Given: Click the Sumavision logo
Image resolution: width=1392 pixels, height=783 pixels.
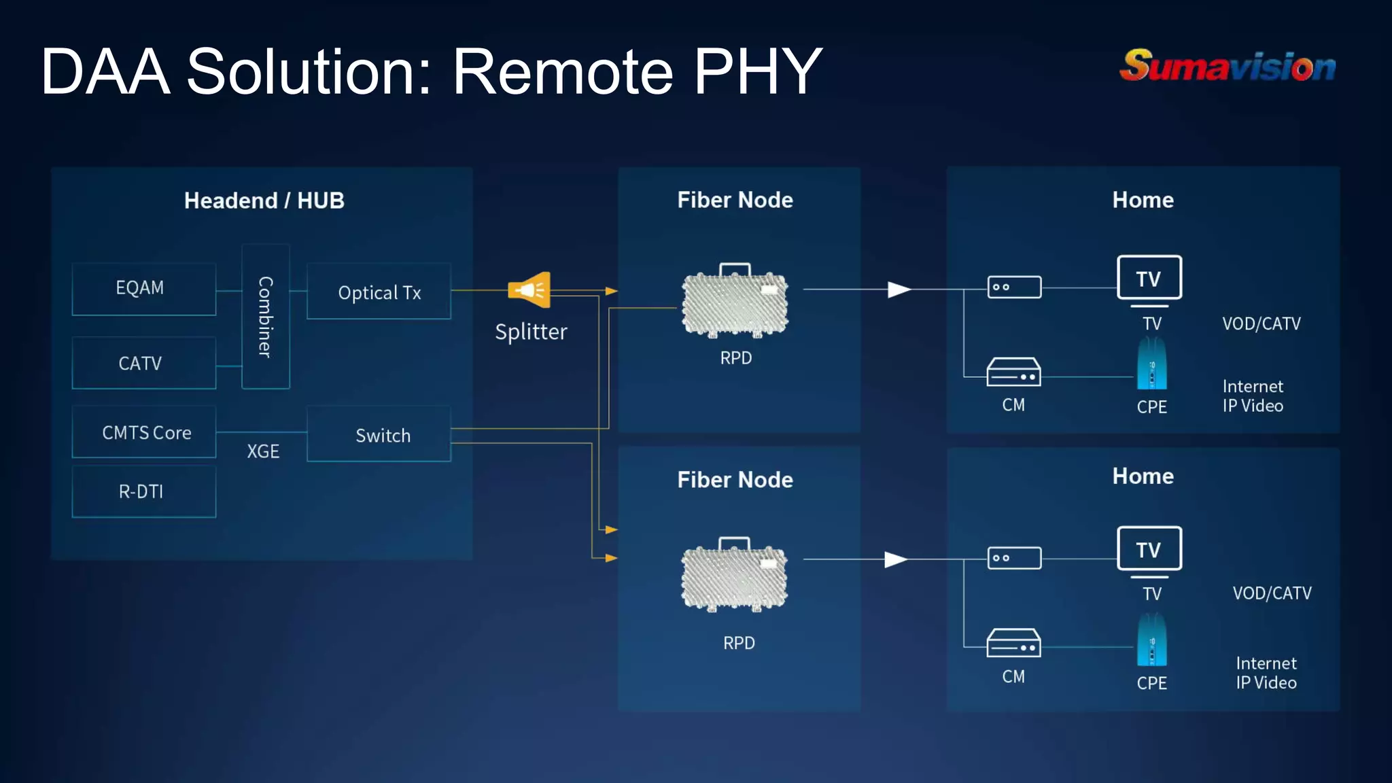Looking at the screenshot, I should (x=1228, y=66).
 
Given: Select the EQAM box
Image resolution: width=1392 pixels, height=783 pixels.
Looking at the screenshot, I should (x=143, y=288).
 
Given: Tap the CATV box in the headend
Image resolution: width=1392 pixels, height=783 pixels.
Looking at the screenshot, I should (x=143, y=363).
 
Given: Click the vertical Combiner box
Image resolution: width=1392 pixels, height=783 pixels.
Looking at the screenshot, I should (x=266, y=317).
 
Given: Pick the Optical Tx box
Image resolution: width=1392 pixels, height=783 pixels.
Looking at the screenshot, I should (x=379, y=292).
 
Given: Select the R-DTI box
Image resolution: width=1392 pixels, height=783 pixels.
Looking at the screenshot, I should (x=143, y=491).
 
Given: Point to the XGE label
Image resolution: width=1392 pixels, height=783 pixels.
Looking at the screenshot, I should (x=263, y=451).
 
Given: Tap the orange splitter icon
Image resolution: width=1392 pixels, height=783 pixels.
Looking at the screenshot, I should (x=529, y=290).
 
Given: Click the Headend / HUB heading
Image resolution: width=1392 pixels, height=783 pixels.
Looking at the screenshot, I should (x=264, y=201).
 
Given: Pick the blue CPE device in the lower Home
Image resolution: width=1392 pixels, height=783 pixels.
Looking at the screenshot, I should (x=1151, y=640).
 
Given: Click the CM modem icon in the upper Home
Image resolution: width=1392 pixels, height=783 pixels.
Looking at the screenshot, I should (x=1013, y=372).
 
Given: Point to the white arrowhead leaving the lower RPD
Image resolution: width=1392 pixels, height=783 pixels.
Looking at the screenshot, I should (x=896, y=559).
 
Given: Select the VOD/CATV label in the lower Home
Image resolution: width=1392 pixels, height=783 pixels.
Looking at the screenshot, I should (x=1272, y=593).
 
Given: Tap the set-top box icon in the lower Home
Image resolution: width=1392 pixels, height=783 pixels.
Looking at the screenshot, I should (x=1014, y=558).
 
